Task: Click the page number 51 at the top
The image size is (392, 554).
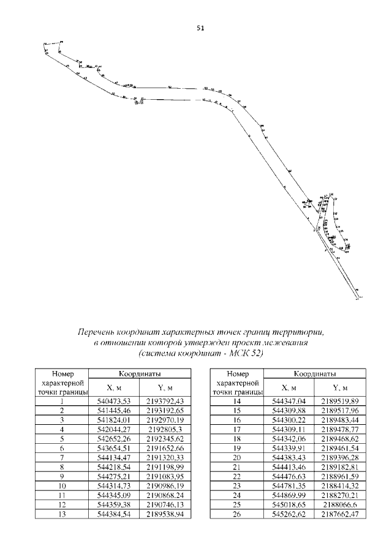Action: point(200,28)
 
